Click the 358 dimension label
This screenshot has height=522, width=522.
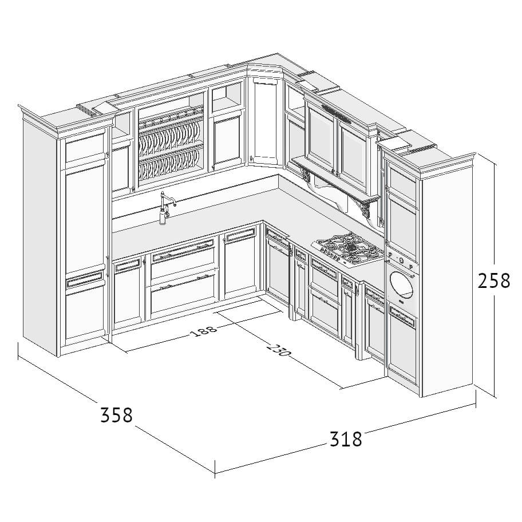pyautogui.click(x=117, y=415)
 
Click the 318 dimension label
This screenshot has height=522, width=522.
pyautogui.click(x=346, y=439)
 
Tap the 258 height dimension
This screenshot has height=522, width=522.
pyautogui.click(x=494, y=280)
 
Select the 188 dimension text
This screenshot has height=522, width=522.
pyautogui.click(x=203, y=331)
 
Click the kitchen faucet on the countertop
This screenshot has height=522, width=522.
pyautogui.click(x=166, y=208)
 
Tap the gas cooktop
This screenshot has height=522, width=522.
pyautogui.click(x=348, y=250)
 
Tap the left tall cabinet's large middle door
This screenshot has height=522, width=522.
pyautogui.click(x=85, y=217)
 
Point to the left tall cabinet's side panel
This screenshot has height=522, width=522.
pyautogui.click(x=40, y=233)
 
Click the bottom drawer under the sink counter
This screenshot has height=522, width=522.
pyautogui.click(x=183, y=298)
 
